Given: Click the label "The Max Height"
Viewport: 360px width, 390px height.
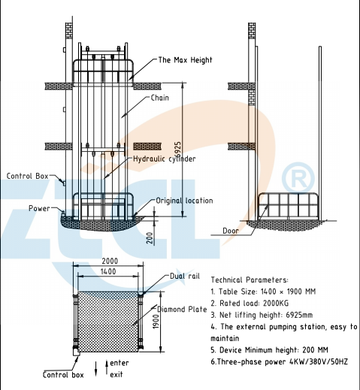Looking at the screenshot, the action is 185,60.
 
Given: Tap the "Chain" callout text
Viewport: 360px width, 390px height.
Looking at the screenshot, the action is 159,98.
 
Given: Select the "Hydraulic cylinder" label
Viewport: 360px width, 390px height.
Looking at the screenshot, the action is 164,159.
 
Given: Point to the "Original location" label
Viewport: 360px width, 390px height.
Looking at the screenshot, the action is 184,201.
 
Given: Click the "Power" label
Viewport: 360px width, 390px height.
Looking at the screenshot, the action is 39,208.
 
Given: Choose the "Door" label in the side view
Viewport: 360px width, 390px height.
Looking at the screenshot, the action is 231,231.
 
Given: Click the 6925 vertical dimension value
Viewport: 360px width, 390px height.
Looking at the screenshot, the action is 177,150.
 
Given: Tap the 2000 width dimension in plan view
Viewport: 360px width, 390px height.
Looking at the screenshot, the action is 110,262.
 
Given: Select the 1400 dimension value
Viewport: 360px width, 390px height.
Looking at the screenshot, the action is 108,271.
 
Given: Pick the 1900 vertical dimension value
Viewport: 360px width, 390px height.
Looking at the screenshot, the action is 156,322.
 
